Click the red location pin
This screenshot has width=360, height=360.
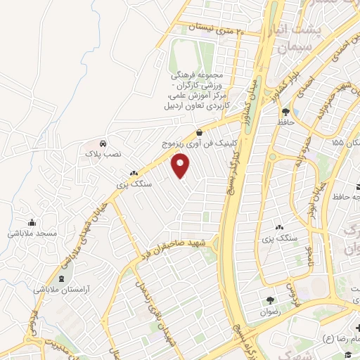(181, 167)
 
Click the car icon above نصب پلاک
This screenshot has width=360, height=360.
(103, 141)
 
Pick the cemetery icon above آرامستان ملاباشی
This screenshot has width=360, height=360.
(52, 278)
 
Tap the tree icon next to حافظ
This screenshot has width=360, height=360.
(285, 112)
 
